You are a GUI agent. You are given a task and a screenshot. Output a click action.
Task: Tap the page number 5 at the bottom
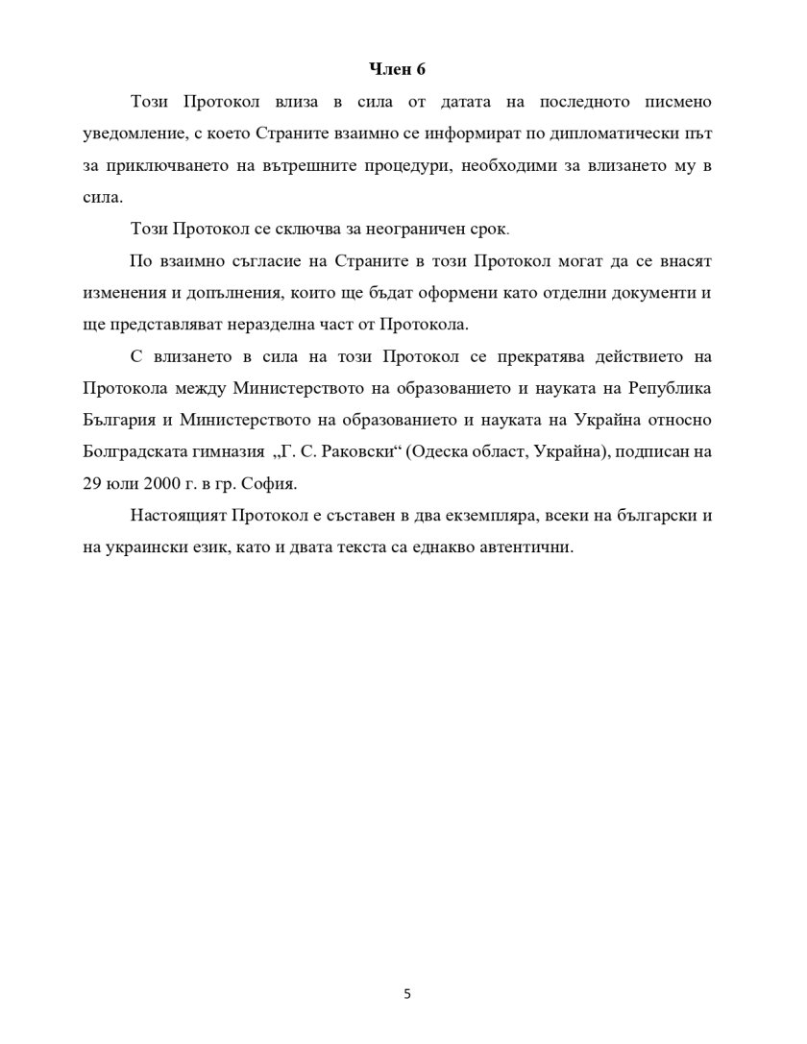click(x=406, y=993)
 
